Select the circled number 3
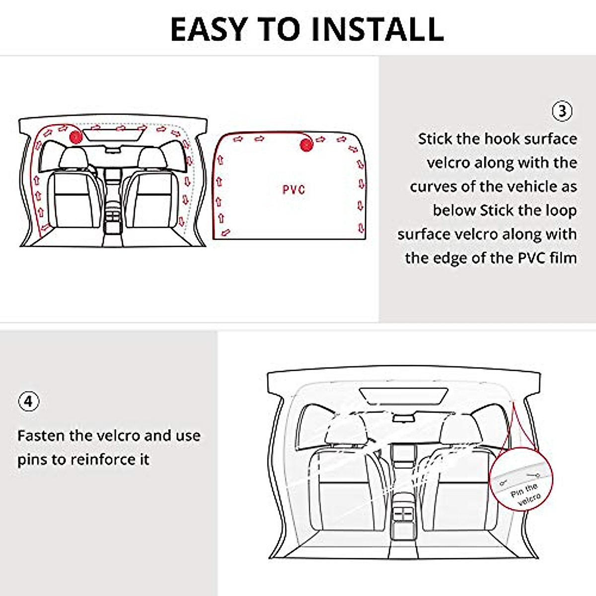(562, 111)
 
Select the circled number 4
(28, 401)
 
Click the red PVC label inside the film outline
(294, 190)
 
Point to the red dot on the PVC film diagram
(306, 145)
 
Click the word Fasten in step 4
(41, 436)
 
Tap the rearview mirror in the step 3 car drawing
(114, 149)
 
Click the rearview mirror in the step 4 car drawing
(403, 418)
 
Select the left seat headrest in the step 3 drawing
(73, 157)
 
